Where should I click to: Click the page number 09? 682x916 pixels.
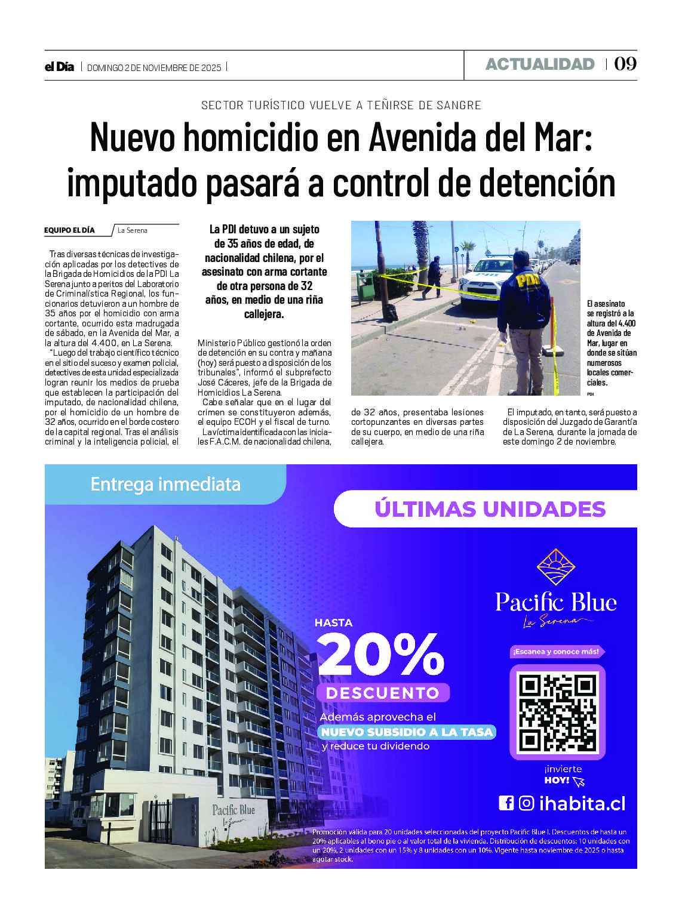pyautogui.click(x=625, y=64)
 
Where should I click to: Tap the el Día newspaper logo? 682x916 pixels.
pyautogui.click(x=59, y=67)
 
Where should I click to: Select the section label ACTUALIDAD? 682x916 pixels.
pyautogui.click(x=540, y=64)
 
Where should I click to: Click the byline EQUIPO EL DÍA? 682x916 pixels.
pyautogui.click(x=69, y=230)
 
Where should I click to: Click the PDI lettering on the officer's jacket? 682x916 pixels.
pyautogui.click(x=526, y=280)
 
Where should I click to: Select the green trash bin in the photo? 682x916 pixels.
pyautogui.click(x=365, y=285)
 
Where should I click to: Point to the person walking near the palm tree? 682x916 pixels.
pyautogui.click(x=434, y=276)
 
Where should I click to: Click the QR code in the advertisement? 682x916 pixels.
pyautogui.click(x=557, y=712)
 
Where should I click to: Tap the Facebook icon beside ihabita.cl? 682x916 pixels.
pyautogui.click(x=506, y=803)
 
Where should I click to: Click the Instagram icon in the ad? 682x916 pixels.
pyautogui.click(x=526, y=803)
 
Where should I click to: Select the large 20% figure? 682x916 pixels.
pyautogui.click(x=380, y=655)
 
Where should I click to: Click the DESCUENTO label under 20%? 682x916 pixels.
pyautogui.click(x=382, y=693)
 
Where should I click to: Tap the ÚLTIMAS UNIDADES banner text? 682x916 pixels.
pyautogui.click(x=490, y=509)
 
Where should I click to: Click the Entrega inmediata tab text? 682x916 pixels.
pyautogui.click(x=165, y=484)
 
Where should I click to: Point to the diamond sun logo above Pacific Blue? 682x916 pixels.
pyautogui.click(x=556, y=566)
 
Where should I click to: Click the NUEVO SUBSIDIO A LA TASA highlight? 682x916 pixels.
pyautogui.click(x=407, y=732)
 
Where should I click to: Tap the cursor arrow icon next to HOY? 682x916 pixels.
pyautogui.click(x=578, y=782)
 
